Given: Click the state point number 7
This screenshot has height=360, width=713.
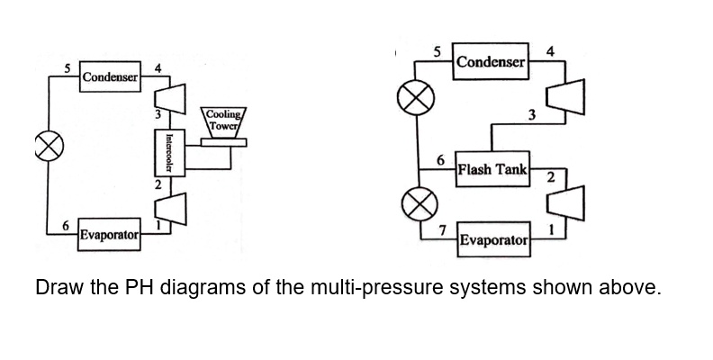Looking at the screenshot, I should coord(443,230).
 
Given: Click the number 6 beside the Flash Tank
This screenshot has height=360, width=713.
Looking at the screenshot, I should coord(440,159).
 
